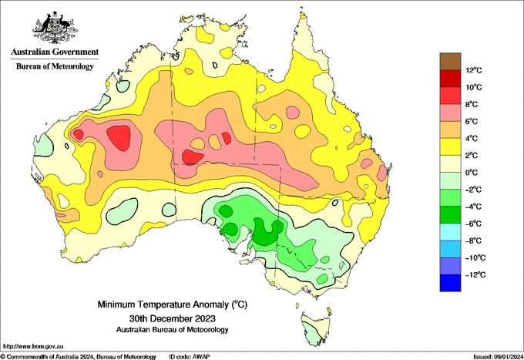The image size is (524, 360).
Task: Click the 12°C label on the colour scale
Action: (x=474, y=70)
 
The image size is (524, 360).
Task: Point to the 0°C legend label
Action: (x=471, y=173)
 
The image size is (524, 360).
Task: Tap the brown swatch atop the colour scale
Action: (x=450, y=61)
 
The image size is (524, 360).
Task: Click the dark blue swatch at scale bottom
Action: (x=450, y=283)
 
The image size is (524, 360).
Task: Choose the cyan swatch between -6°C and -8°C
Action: (x=450, y=231)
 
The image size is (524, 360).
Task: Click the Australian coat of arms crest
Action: (x=55, y=28)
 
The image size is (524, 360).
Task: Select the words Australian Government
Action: (x=55, y=52)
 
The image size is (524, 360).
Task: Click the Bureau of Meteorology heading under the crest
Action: (x=55, y=66)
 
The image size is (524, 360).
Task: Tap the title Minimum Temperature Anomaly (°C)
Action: (x=173, y=304)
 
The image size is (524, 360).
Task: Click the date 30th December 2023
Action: (x=173, y=318)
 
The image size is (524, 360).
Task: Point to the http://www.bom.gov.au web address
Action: (x=33, y=347)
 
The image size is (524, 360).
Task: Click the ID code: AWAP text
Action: (x=190, y=357)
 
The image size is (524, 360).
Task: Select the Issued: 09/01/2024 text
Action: (x=498, y=357)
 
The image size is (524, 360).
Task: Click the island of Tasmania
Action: (x=316, y=329)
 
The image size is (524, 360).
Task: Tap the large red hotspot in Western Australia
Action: (x=119, y=138)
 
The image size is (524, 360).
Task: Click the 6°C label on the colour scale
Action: (x=471, y=121)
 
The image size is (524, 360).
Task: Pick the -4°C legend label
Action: (x=473, y=207)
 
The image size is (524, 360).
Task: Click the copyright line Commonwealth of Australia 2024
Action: (x=78, y=357)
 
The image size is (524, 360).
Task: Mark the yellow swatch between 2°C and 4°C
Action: (x=450, y=146)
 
